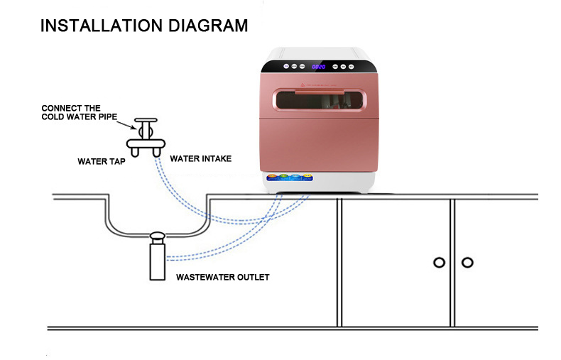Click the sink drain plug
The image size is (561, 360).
pos(158,237)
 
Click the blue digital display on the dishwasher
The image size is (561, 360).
pos(319,67)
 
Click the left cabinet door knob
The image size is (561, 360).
pos(439,263)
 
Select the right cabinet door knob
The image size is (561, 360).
pos(467,263)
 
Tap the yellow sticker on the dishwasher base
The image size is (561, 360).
pos(307,177)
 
